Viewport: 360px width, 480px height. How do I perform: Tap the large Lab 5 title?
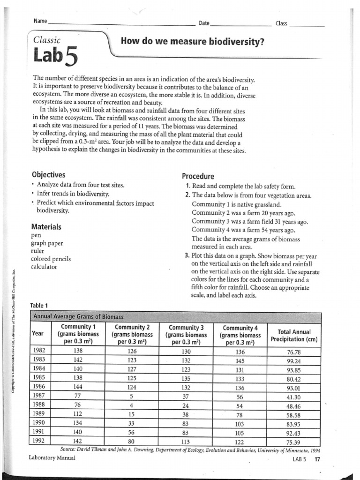(54, 58)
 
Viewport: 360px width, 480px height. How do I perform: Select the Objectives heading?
(48, 175)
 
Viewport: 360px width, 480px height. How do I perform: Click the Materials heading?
(46, 226)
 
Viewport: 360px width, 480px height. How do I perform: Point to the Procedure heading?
(198, 176)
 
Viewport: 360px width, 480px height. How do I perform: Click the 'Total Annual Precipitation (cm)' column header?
(294, 336)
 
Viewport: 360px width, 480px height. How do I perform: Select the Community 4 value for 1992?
(240, 441)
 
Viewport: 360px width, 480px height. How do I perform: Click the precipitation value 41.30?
(293, 397)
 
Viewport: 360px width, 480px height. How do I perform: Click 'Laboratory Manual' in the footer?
(52, 457)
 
